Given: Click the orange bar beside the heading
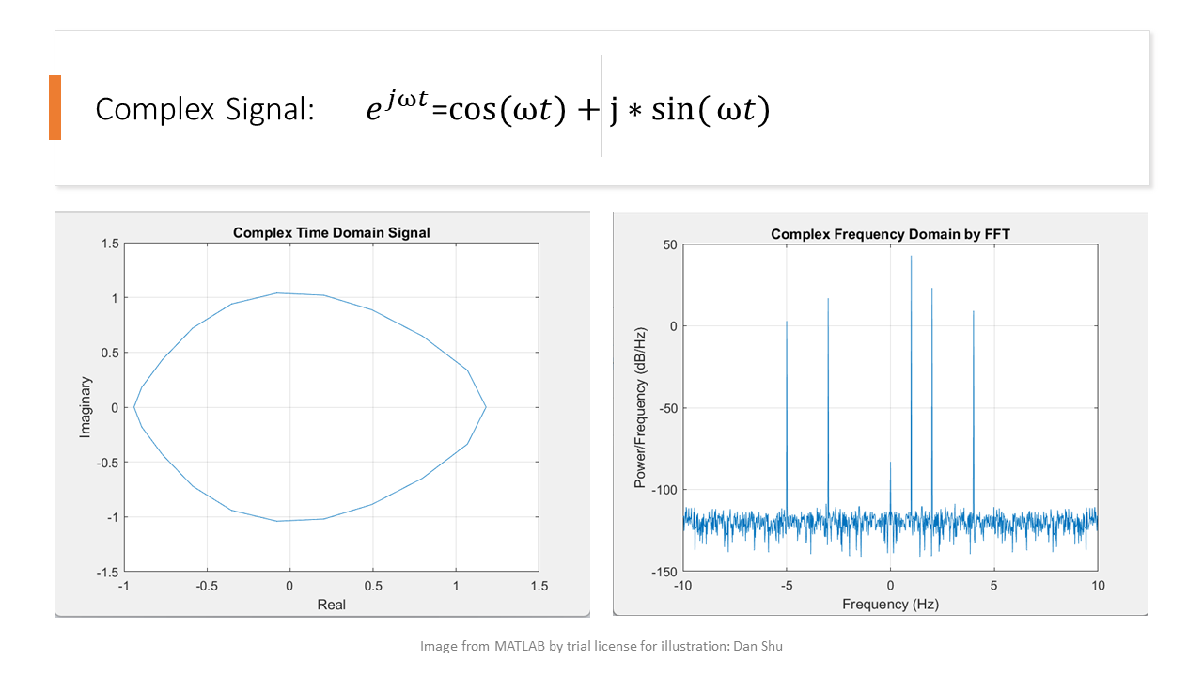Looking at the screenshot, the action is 55,107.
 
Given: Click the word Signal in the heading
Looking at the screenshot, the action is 270,110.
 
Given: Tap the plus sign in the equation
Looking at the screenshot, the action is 588,110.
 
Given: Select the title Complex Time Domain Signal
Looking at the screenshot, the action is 332,232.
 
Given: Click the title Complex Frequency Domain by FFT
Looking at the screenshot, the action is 890,234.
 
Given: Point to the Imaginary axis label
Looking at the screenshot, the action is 85,407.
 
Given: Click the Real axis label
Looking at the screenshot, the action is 332,605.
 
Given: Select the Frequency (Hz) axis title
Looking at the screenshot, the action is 890,605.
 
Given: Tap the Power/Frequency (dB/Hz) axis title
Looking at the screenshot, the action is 640,408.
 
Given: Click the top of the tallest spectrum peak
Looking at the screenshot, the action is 911,257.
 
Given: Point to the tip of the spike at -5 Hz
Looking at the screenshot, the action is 787,322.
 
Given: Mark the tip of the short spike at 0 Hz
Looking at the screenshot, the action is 890,462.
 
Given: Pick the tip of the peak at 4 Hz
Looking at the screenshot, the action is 973,311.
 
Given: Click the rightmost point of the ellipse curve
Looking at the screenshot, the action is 486,407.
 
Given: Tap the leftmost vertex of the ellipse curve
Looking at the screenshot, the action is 133,407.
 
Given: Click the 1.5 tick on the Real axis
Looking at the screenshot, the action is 539,586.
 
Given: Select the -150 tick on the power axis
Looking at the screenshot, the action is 664,572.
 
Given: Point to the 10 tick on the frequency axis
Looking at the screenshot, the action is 1098,586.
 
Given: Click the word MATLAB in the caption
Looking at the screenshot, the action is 520,646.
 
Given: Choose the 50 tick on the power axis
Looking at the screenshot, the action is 670,245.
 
